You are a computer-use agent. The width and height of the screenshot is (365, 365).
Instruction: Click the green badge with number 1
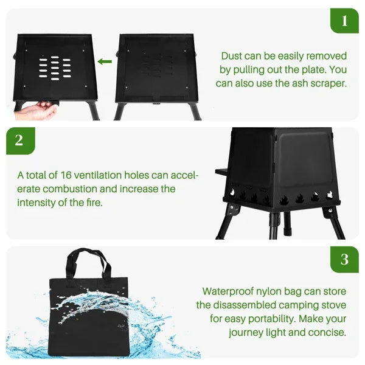pos(344,21)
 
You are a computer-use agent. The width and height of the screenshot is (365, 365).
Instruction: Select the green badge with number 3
pos(344,260)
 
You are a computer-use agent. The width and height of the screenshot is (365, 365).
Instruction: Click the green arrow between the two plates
pos(105,61)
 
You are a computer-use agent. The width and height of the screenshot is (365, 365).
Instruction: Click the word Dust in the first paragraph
pos(233,55)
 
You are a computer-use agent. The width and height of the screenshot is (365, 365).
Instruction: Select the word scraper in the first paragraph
pos(327,83)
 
